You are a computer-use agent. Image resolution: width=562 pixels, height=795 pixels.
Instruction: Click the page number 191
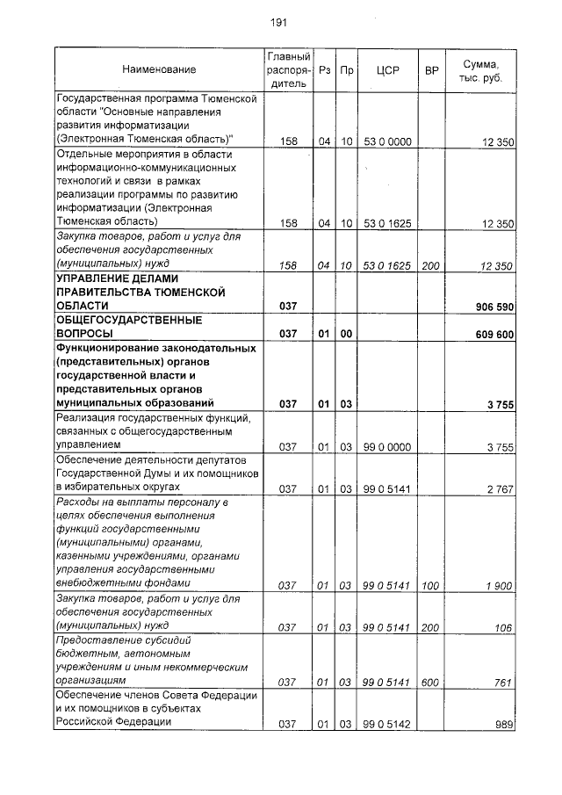coord(279,23)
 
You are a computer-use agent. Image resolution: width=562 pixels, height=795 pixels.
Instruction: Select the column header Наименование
coord(159,69)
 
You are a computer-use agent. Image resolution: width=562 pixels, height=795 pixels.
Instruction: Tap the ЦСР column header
coord(387,69)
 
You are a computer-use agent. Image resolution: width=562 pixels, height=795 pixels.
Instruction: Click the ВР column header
coord(431,69)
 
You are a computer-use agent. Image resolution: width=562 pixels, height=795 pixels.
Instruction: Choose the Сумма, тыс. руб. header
coord(480,70)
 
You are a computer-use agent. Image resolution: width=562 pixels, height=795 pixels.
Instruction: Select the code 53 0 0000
coord(387,141)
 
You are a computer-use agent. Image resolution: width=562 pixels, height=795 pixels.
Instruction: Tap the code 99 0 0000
coord(387,447)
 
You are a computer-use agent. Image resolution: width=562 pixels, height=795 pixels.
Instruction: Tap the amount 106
coord(504,627)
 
